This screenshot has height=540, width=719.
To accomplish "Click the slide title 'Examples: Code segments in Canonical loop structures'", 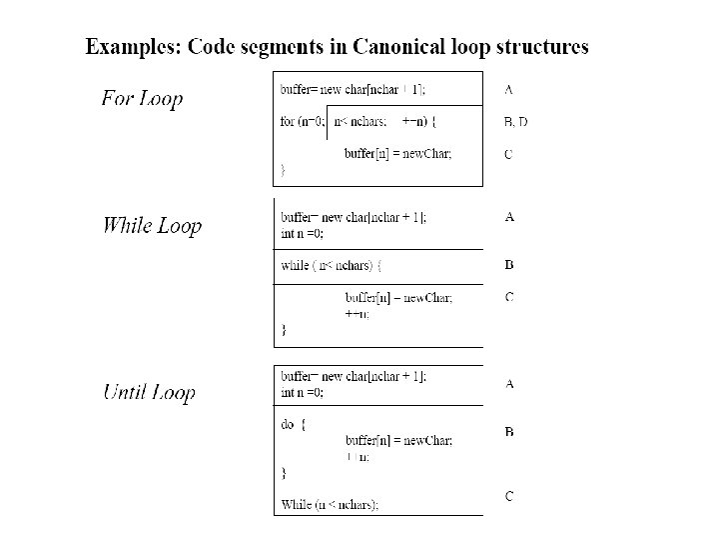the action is pos(337,47).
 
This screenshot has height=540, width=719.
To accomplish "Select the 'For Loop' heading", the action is pos(142,99).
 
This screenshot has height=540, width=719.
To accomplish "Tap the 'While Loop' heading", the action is pos(152,225).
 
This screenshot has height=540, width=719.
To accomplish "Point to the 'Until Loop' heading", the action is pos(149,392).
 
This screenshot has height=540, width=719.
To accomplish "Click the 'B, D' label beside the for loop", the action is pos(516,122).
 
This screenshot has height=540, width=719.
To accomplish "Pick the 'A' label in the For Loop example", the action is pos(509,89).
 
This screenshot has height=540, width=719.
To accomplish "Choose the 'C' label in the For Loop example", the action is pos(509,154).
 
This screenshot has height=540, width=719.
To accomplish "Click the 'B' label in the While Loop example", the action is pos(509,265).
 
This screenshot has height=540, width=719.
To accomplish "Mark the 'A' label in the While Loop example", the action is pos(509,216).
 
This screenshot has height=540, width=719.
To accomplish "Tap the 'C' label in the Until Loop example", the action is pos(509,496).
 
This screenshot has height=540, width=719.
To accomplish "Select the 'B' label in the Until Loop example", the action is pos(509,432).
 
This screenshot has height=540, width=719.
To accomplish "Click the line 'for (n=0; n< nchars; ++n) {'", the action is pos(359,122).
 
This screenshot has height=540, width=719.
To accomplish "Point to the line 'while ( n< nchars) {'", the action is pos(332,266).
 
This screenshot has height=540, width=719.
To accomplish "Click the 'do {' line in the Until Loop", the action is pos(294,424).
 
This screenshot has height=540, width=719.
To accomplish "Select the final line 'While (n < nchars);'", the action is pos(331,504).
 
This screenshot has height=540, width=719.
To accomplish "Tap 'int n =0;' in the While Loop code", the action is pos(303,233).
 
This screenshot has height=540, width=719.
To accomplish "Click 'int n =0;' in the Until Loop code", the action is pos(303,392).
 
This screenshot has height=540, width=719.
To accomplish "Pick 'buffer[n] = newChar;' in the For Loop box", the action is pos(397,154).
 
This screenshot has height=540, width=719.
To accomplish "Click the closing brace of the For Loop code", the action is pos(283,171).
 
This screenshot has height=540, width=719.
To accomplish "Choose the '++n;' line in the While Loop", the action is pos(357,313).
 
